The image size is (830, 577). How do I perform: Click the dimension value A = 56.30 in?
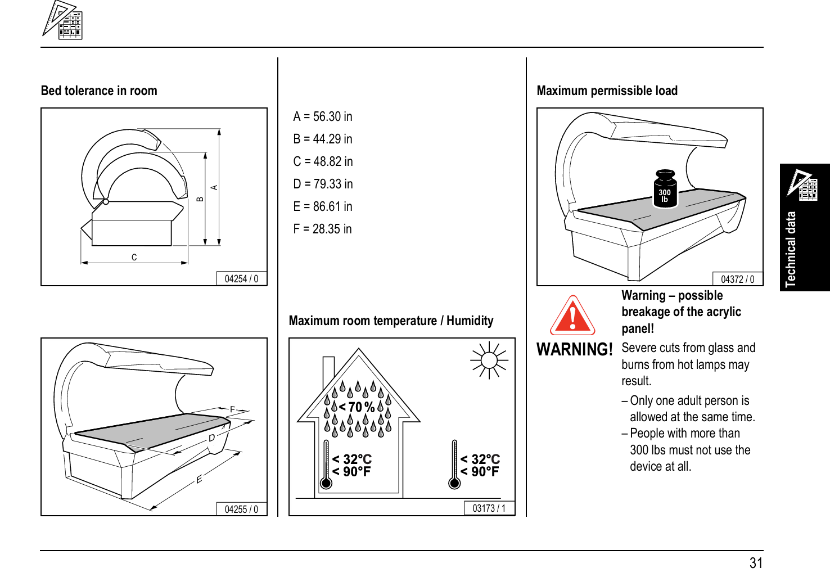323,116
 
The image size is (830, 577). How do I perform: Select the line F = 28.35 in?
323,229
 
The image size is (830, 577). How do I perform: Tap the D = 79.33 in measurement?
323,184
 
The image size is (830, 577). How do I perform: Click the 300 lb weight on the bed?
665,190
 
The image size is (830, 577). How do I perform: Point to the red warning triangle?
572,316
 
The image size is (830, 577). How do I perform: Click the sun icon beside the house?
489,360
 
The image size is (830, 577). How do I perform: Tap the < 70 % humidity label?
357,407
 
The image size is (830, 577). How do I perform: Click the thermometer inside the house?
326,465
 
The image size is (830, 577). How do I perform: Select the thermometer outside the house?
454,465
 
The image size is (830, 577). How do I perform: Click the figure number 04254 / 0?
241,279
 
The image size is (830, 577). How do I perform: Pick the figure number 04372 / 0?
737,280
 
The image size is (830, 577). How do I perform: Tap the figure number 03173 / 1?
489,508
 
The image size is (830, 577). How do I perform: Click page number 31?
756,563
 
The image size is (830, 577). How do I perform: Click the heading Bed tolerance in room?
99,91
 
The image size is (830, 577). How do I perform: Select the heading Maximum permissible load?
607,91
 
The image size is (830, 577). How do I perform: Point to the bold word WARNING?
574,350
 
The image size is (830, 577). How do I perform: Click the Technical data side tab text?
791,250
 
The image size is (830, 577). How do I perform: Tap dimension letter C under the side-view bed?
134,258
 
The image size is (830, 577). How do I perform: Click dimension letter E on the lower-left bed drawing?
199,480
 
